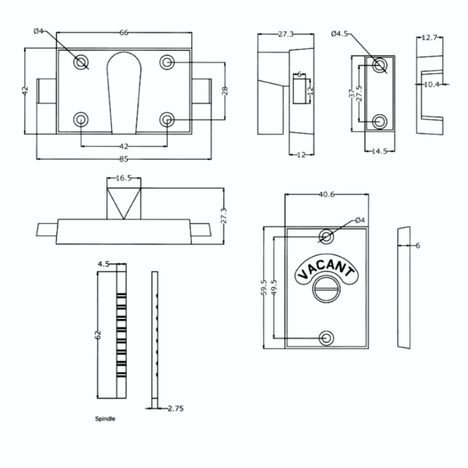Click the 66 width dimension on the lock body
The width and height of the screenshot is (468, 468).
pos(124,33)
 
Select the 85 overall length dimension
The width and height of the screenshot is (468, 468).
pos(124,159)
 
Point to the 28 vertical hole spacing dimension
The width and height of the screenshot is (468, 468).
pos(225,91)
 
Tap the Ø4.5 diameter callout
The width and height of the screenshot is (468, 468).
pos(339,34)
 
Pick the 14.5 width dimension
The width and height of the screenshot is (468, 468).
pos(380,151)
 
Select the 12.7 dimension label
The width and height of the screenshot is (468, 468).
pos(431,38)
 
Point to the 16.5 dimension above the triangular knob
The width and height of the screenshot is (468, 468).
pos(124,178)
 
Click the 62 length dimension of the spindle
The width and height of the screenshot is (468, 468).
pos(98,334)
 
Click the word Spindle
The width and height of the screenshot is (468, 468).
pos(105,418)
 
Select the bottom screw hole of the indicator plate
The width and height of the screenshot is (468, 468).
pos(327,338)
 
